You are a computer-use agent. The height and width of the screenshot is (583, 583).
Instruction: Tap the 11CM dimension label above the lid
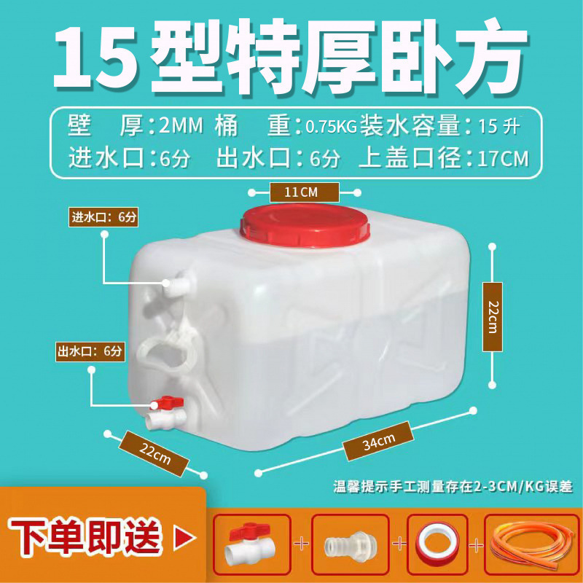(305, 192)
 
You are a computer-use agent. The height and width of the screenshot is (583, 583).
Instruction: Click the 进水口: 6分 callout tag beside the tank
(103, 216)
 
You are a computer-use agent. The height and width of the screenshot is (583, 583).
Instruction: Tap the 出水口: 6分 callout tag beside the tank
(92, 351)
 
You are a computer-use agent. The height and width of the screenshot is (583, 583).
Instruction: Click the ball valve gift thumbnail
(252, 543)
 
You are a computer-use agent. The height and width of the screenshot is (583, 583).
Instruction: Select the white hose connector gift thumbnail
(351, 543)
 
